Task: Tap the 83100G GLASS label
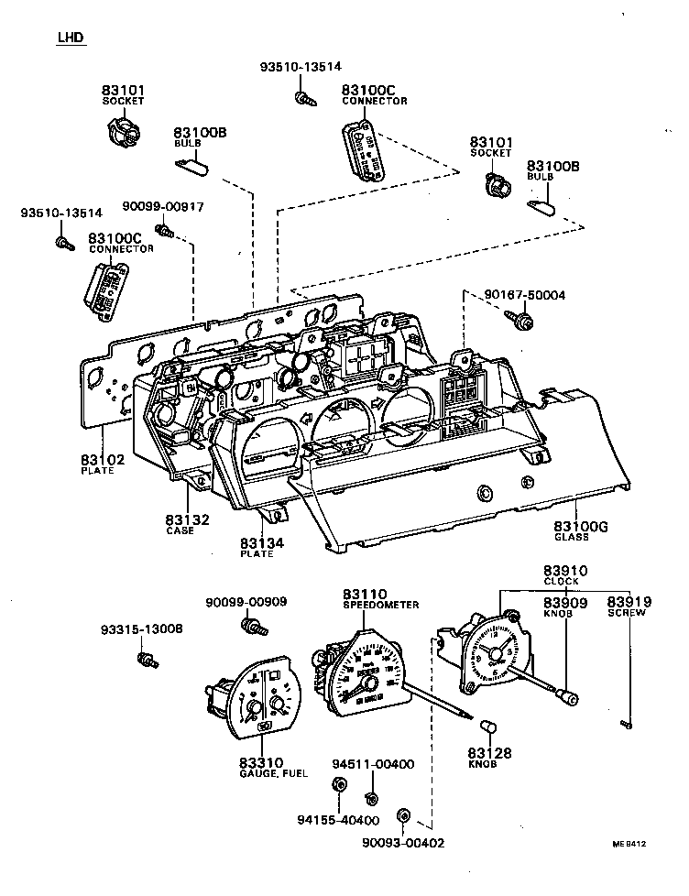coord(581,531)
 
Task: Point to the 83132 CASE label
coord(188,525)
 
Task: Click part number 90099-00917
coord(164,208)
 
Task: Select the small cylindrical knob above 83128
coord(488,727)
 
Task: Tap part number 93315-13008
coord(141,629)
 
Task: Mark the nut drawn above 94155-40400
coord(337,784)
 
